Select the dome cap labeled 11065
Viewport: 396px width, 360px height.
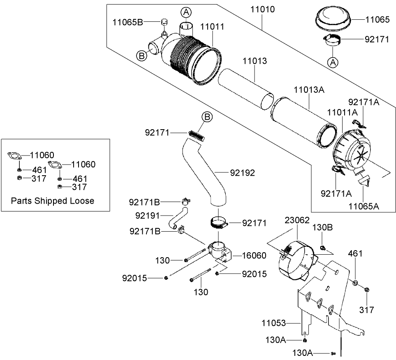[332, 20]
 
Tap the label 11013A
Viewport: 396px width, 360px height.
[309, 90]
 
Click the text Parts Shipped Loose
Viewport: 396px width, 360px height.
[53, 201]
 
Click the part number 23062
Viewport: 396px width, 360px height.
[297, 220]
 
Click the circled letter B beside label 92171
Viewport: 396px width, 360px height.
[208, 118]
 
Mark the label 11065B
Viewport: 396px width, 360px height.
[127, 22]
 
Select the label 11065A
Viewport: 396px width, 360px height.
[364, 206]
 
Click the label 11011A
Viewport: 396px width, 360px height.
[342, 112]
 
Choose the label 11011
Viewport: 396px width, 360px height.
[212, 27]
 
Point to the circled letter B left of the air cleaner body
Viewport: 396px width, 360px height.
[141, 56]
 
